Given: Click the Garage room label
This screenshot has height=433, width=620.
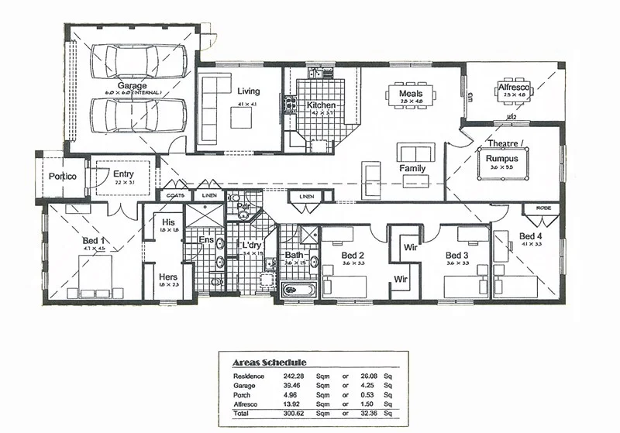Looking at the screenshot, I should [133, 86].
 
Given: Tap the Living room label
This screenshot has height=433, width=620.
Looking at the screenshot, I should [248, 92].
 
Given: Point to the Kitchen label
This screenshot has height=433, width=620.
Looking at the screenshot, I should [321, 105].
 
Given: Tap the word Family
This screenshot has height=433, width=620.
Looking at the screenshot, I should [412, 168].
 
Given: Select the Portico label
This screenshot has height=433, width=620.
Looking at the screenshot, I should [61, 177].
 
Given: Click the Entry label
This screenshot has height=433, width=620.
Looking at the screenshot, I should [124, 174].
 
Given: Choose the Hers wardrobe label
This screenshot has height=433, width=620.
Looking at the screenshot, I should [168, 277].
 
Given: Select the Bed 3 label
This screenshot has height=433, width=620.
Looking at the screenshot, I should [457, 255].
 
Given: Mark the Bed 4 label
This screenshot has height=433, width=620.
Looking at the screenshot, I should [531, 236].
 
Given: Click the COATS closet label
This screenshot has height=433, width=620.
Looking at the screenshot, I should [175, 196].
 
